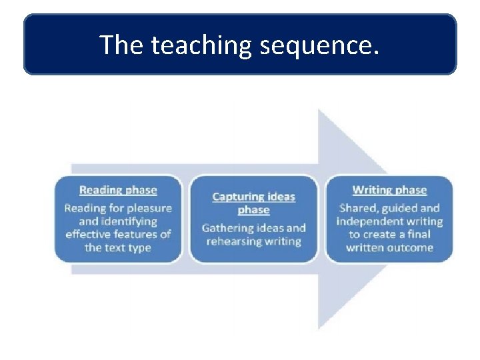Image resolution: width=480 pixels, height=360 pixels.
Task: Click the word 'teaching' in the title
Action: click(x=201, y=45)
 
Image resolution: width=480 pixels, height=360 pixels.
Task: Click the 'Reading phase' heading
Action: click(x=118, y=190)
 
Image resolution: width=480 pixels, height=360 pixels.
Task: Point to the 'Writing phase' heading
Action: click(x=389, y=190)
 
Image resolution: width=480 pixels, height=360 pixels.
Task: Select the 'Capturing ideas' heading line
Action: click(x=253, y=197)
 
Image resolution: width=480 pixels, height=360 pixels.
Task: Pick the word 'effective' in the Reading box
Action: click(x=91, y=235)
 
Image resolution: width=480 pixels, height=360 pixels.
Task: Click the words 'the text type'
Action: click(x=118, y=248)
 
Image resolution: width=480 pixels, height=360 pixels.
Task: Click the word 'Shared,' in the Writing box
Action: click(x=359, y=208)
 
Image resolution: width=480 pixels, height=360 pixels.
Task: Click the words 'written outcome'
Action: click(x=389, y=248)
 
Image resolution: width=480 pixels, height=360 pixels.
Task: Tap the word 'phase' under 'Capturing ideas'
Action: click(x=253, y=210)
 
